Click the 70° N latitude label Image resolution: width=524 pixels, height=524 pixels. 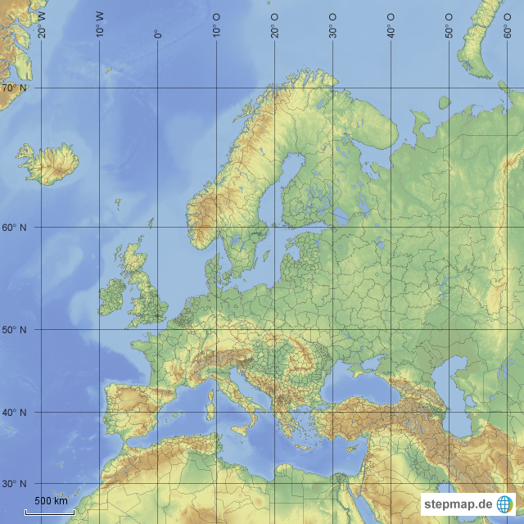pos(14,88)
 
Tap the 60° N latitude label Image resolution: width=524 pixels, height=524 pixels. pos(14,228)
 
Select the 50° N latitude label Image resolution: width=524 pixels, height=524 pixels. pos(14,330)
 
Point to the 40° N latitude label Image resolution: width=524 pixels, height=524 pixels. pos(14,413)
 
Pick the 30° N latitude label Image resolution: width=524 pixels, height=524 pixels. pos(14,484)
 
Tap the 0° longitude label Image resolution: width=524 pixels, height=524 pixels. pos(158,34)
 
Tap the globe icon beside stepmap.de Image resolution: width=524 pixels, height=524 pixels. pos(505,504)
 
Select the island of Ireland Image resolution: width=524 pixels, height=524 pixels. pos(112,297)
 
